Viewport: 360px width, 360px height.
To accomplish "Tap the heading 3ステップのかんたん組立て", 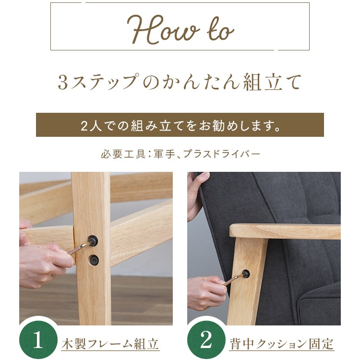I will (x=180, y=82).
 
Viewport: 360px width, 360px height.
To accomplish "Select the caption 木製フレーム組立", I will (x=110, y=344).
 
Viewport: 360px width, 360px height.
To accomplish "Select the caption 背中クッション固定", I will (x=280, y=344).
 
